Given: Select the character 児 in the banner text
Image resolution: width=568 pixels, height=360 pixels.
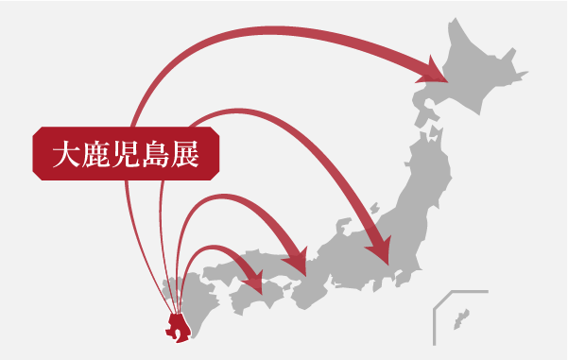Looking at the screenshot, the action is tap(127, 153).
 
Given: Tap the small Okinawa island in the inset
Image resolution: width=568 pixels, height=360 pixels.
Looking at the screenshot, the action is tap(461, 317).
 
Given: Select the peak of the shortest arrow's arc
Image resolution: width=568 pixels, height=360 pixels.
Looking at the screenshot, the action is tap(214, 249).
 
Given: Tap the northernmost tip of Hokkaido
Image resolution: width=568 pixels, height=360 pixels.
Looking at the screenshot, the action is tap(456, 19).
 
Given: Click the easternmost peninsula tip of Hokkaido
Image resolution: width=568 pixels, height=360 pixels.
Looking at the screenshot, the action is tap(525, 71).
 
